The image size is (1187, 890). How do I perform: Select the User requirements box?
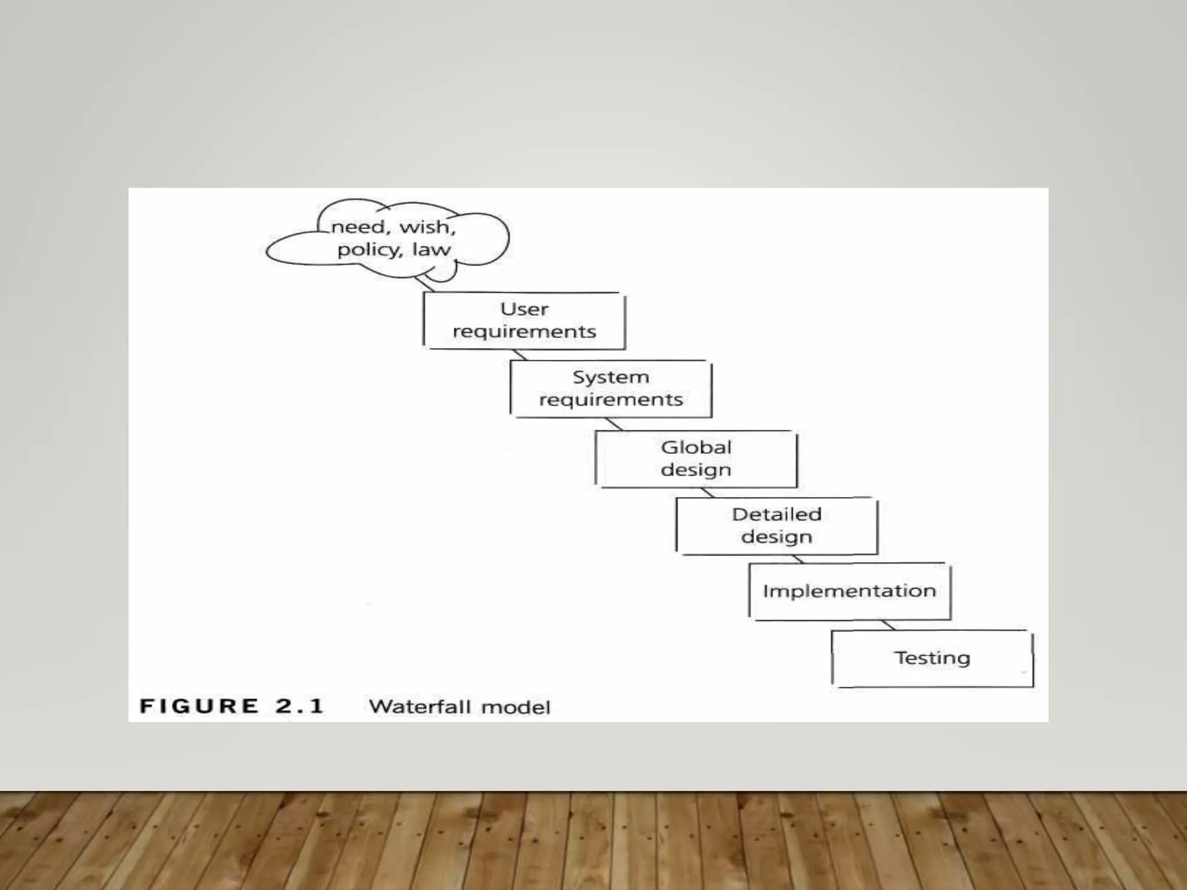coord(524,320)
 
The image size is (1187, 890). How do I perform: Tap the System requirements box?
coord(610,389)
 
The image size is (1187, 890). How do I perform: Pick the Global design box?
coord(696,459)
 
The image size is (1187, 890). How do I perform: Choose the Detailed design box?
coord(776,526)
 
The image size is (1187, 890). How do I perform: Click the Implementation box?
coord(849,591)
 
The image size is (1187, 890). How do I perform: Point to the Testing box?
coord(932,658)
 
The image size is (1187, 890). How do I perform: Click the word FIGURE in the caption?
coord(199,706)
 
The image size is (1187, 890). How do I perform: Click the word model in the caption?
coord(515,707)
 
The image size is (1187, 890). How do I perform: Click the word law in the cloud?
coord(431,250)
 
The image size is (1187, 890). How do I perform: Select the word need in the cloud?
coord(358,227)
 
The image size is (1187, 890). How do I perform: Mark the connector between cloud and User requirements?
coord(425,284)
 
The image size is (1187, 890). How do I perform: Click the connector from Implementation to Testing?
coord(888,625)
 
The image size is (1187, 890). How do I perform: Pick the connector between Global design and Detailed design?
coord(707,493)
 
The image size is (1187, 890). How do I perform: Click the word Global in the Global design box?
coord(696,447)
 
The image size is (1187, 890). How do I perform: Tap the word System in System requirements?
coord(610,377)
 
